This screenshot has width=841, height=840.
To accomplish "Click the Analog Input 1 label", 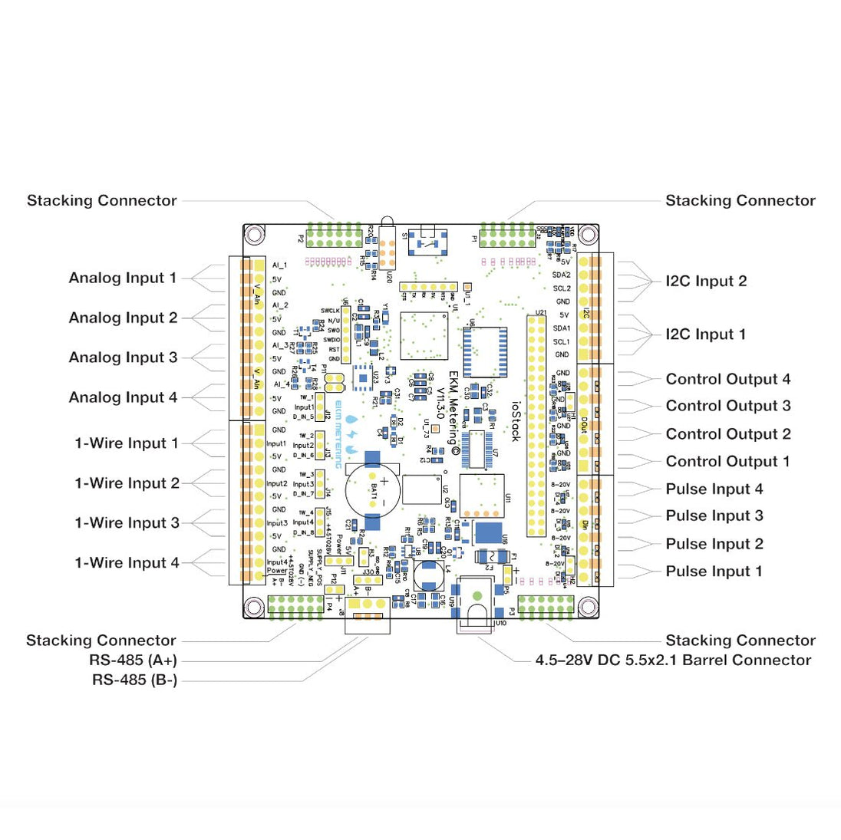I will point(123,278).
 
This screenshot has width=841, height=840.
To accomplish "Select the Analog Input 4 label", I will point(123,397).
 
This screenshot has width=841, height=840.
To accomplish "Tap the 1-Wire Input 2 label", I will point(127,483).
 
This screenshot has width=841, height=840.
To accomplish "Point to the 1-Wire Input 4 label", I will point(127,563).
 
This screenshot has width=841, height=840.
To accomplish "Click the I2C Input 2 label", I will point(706,282).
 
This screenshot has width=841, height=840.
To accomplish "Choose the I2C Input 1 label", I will point(706,334).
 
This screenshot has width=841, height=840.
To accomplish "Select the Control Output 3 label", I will point(728,407).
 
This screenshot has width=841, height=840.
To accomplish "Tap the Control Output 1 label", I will point(728,462).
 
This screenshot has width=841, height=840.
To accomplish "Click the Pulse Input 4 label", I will point(714,489).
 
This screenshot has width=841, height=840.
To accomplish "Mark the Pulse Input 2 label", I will point(714,545).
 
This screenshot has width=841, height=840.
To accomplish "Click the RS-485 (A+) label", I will point(134,660).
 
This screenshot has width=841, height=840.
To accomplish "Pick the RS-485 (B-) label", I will point(135,680).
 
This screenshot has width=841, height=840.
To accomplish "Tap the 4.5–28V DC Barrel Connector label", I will point(673,660).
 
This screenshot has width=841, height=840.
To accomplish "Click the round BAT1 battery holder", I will point(374,492).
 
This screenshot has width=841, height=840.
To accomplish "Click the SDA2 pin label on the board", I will point(562,275).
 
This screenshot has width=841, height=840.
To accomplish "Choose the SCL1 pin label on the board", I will point(562,342).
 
